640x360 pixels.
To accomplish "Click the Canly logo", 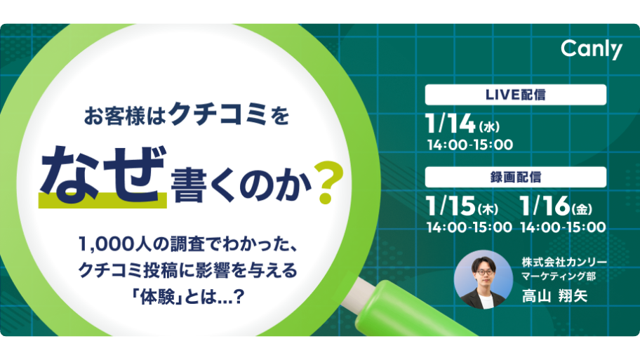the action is [592, 50].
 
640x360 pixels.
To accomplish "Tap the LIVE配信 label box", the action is [516, 95].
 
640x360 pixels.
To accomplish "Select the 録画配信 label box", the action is [516, 177].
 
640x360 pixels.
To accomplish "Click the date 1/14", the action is [450, 124].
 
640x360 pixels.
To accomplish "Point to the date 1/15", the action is [451, 206].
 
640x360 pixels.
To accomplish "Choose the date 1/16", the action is [545, 206].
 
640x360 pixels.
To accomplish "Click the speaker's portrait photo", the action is [484, 279].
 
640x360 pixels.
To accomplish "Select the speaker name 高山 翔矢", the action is [554, 296].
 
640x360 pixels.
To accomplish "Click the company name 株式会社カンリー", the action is [564, 262].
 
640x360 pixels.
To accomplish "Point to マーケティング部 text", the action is [559, 276].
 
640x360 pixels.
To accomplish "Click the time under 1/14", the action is [469, 145].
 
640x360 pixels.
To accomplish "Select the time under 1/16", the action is [564, 227].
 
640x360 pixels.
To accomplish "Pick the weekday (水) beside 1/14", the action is [489, 127].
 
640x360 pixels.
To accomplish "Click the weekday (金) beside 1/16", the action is [582, 209].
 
